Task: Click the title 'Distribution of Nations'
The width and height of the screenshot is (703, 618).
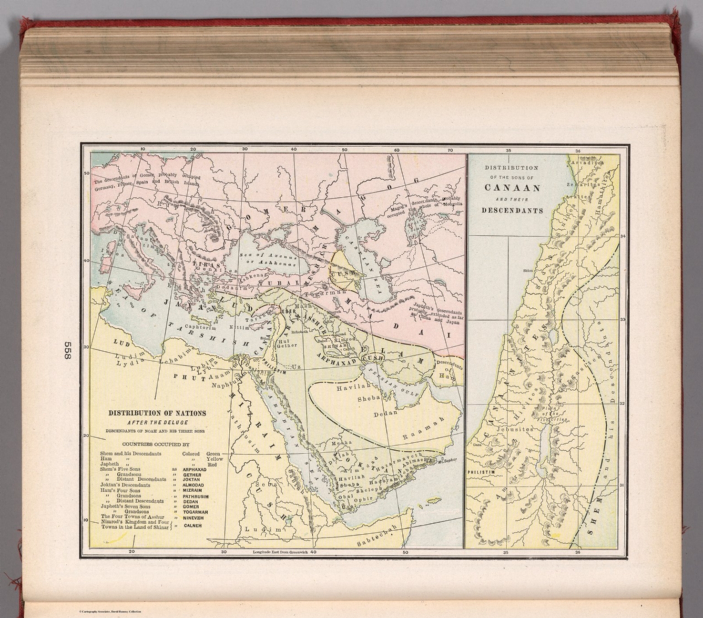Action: click(157, 413)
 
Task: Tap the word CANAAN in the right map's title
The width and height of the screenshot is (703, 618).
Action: click(512, 188)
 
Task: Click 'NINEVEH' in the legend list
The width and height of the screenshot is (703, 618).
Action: click(193, 518)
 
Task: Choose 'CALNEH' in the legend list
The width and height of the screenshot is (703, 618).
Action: click(193, 526)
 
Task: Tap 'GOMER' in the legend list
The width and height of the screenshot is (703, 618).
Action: click(191, 507)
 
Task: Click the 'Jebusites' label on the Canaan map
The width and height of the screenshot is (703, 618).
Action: click(517, 430)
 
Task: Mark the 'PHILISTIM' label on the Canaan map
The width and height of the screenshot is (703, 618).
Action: click(481, 471)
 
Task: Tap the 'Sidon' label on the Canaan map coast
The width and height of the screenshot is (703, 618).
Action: click(528, 270)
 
